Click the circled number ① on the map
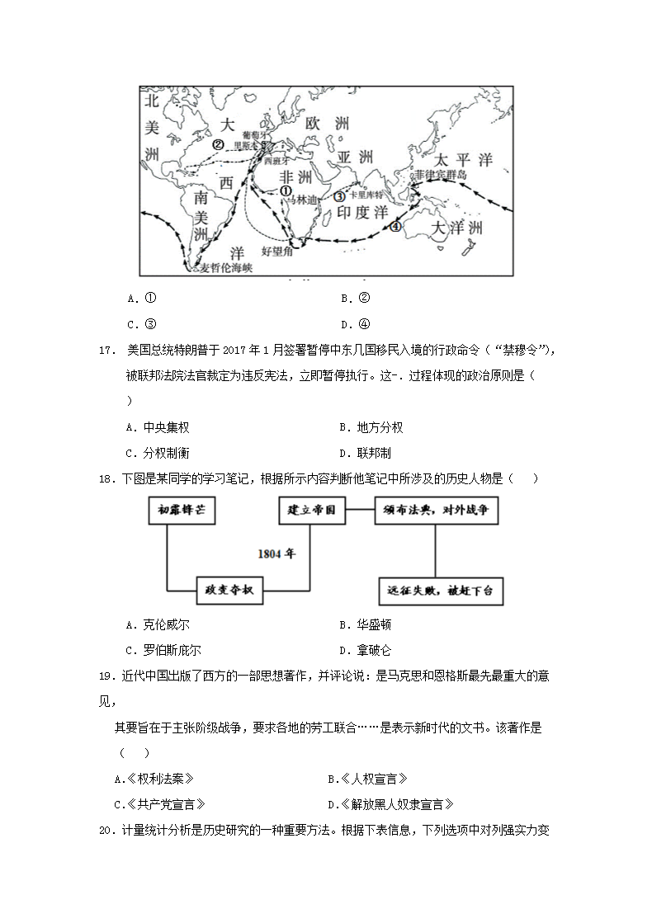tap(286, 190)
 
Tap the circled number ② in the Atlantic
tap(219, 144)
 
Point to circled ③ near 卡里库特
tap(339, 196)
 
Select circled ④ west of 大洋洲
tap(395, 227)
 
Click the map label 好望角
tap(276, 249)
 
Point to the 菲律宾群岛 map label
tap(442, 175)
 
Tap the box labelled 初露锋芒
tap(182, 511)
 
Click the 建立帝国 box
tap(311, 511)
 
